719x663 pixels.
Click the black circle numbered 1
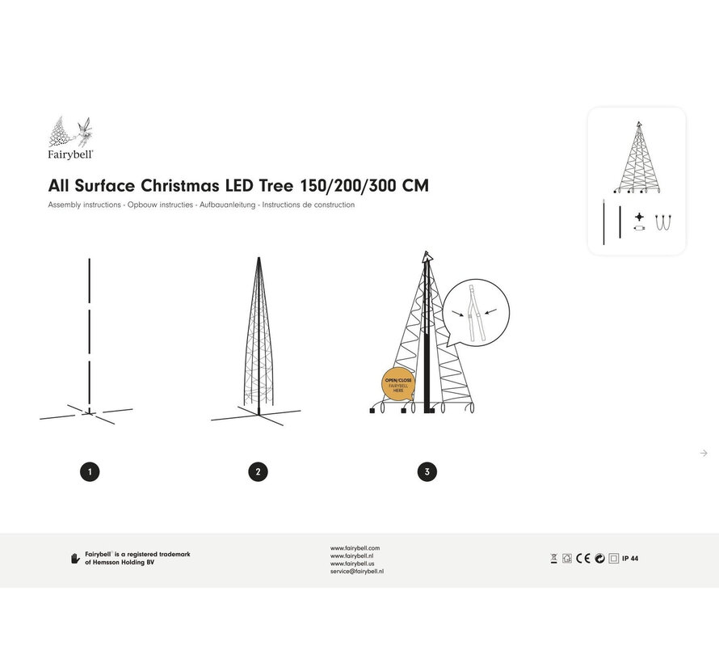coord(90,471)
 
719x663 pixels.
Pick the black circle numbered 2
coord(258,471)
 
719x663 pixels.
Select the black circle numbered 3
coord(427,471)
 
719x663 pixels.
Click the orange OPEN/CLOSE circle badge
coord(398,383)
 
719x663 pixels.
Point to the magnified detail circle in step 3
coord(477,312)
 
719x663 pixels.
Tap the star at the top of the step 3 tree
coord(427,256)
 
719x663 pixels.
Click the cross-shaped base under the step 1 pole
coord(86,414)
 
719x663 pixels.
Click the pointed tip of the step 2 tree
coord(259,260)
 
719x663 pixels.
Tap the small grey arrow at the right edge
coord(704,453)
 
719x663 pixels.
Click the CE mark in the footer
coord(583,558)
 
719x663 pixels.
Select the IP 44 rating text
coord(630,558)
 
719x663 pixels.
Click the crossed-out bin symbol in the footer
coord(553,558)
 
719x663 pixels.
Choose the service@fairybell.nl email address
coord(356,571)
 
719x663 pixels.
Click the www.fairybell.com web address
coord(355,547)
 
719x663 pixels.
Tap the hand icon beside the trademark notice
coord(75,558)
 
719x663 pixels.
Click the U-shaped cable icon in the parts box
coord(664,221)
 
